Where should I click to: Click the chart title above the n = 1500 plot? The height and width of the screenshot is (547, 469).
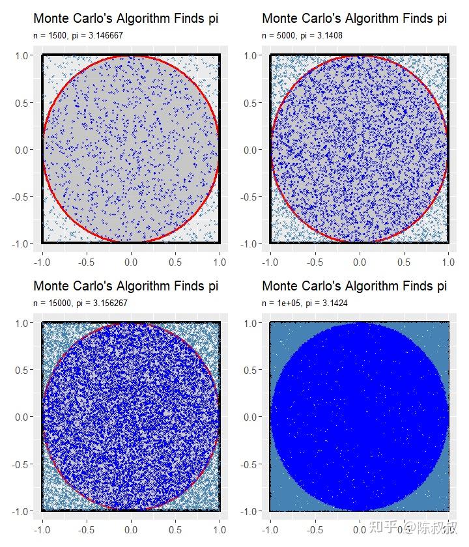pos(126,19)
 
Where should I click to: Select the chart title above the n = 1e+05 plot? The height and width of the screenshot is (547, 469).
pos(354,286)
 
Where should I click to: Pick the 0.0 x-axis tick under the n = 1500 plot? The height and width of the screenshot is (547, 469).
pos(131,262)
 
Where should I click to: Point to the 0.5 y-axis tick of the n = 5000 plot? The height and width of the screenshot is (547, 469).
pos(252,103)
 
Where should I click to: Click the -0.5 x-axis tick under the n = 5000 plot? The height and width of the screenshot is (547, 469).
pos(314,262)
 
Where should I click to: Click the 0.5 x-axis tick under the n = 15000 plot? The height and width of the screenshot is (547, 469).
pos(175,529)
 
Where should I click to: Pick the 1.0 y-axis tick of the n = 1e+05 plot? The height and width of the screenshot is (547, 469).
pos(252,323)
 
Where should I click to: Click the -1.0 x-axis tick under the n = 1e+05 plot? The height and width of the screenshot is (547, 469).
pos(269,529)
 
